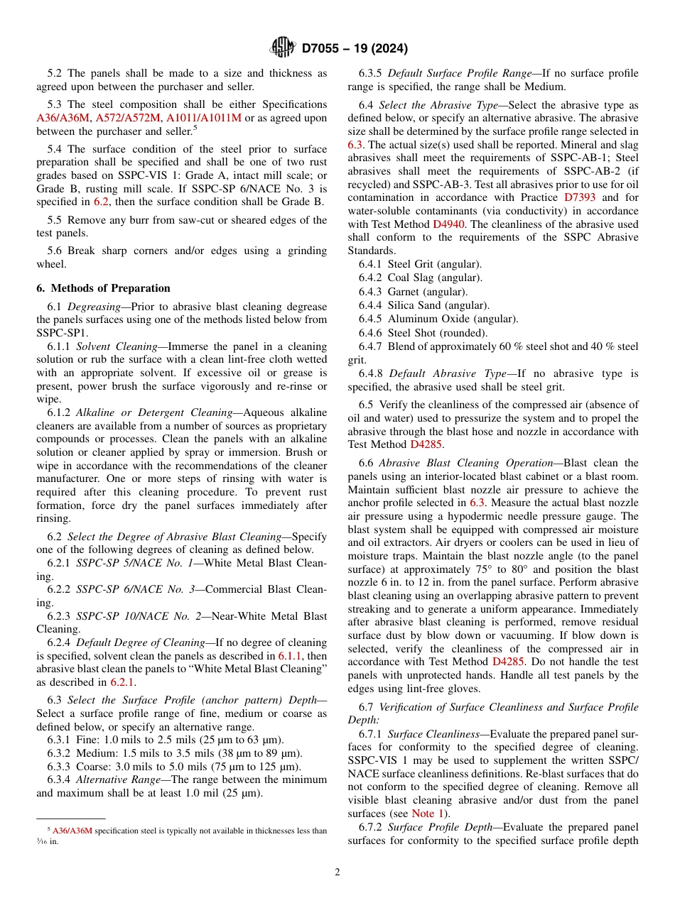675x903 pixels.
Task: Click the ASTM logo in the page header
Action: click(283, 48)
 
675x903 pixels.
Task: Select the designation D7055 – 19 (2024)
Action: click(354, 49)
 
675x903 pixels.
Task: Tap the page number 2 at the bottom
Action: click(337, 872)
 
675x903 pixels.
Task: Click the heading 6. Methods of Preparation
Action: click(103, 288)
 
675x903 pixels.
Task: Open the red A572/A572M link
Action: click(129, 118)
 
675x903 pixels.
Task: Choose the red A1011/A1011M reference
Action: click(203, 118)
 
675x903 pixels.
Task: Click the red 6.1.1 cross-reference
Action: click(291, 656)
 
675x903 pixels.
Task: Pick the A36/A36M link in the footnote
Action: click(72, 831)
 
